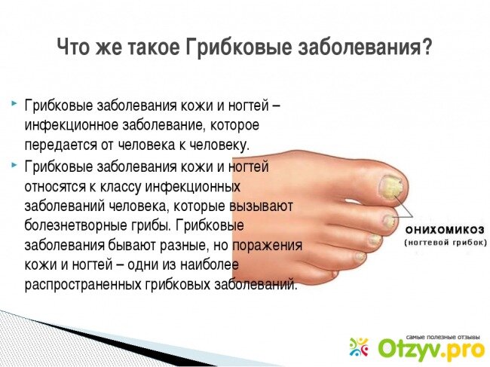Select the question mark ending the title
(x=426, y=46)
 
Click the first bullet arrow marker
(x=14, y=103)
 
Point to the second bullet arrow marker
(x=14, y=164)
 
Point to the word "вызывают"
(x=261, y=206)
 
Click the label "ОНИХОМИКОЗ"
(x=445, y=231)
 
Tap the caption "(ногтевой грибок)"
(x=446, y=243)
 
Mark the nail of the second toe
(x=389, y=221)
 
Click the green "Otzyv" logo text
(x=409, y=350)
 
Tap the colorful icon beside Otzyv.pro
(x=359, y=347)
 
